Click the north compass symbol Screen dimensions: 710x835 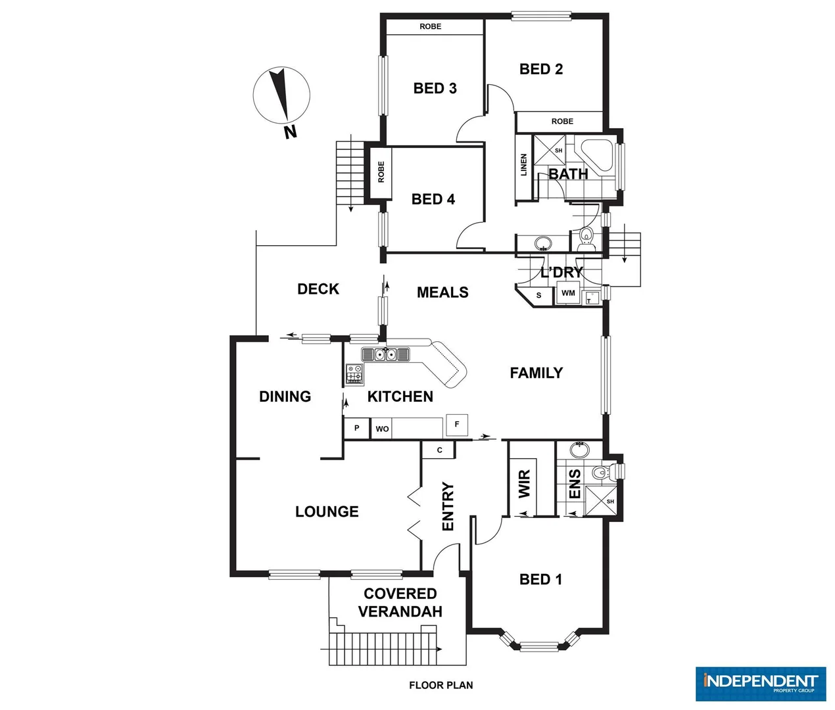(x=281, y=96)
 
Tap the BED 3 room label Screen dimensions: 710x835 (x=435, y=88)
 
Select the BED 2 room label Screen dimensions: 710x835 (x=540, y=69)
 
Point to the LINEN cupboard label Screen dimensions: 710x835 (x=524, y=165)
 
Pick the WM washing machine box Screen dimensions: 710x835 (x=568, y=293)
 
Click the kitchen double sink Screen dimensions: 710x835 (x=385, y=355)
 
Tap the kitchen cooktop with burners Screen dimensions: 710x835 (x=354, y=374)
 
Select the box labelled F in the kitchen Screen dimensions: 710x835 (x=457, y=425)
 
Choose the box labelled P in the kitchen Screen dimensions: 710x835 (x=357, y=428)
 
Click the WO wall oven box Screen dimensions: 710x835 (x=382, y=429)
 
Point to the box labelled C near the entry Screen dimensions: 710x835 (x=440, y=450)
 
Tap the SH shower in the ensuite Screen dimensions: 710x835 (x=603, y=502)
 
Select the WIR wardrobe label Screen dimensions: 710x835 (x=524, y=484)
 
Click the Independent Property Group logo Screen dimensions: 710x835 (x=760, y=684)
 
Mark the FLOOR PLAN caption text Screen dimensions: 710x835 (x=441, y=685)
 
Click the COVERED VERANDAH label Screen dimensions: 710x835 (x=400, y=603)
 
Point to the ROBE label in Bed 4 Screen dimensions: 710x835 (x=381, y=172)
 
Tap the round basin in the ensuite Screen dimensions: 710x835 (x=579, y=450)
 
